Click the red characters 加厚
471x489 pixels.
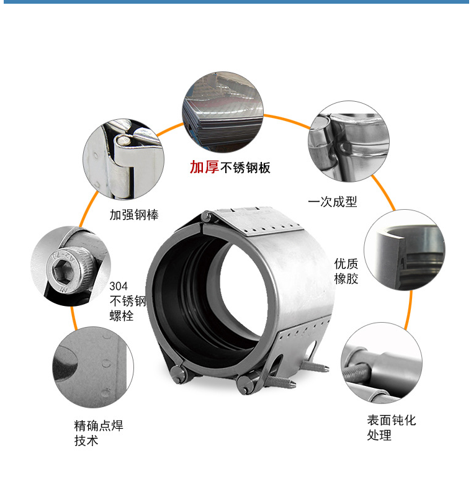point(204,167)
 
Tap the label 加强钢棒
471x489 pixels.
point(134,215)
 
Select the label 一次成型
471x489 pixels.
point(333,202)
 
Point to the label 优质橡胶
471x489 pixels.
point(346,271)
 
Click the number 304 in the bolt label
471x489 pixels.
point(119,286)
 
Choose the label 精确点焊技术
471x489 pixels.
point(99,433)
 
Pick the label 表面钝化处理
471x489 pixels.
point(392,427)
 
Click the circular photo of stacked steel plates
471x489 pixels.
point(223,112)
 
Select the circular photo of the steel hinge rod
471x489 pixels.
point(123,159)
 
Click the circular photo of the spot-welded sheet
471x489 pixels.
point(93,367)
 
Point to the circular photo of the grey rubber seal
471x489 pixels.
point(405,250)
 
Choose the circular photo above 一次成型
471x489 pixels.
point(349,141)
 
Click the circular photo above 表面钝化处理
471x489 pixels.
point(382,362)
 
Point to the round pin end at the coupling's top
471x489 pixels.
point(206,217)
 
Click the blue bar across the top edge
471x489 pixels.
point(236,2)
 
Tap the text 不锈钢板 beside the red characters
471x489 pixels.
point(245,168)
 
